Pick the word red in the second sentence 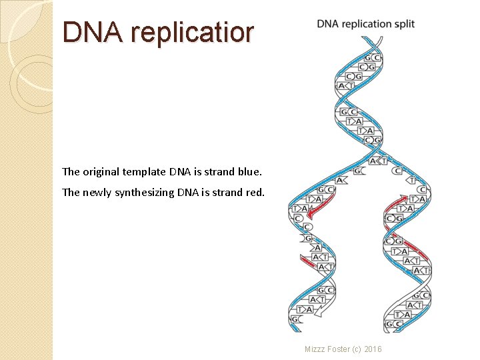click(255, 193)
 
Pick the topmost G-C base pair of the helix click(372, 58)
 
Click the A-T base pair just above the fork click(379, 161)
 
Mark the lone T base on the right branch click(411, 180)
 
